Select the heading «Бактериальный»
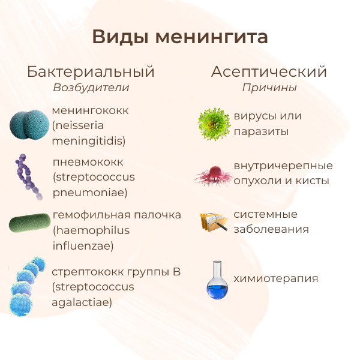(x=91, y=72)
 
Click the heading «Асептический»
(x=269, y=72)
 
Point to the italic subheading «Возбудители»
(x=91, y=88)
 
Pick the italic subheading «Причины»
(x=269, y=88)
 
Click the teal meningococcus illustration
(x=29, y=125)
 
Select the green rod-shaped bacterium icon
(x=29, y=224)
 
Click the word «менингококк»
(x=91, y=111)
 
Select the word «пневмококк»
(x=88, y=163)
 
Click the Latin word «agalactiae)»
(x=82, y=302)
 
